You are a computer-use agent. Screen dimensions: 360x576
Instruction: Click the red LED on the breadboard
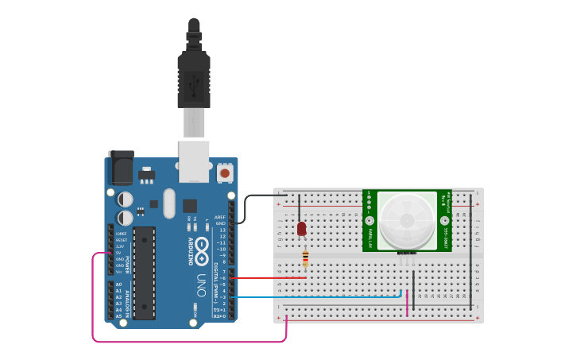301,229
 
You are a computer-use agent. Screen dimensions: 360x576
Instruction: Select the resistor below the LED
306,259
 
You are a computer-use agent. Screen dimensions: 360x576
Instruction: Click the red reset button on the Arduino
225,172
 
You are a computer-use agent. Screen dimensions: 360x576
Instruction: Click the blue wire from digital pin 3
318,297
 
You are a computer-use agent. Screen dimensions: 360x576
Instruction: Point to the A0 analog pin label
118,285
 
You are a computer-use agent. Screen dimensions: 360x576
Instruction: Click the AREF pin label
220,217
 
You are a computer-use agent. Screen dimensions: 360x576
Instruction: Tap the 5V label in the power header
120,253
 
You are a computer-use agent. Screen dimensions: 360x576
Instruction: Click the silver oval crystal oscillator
168,203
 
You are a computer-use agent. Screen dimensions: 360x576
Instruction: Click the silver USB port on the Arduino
194,159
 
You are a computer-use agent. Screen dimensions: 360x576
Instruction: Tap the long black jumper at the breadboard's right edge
470,254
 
